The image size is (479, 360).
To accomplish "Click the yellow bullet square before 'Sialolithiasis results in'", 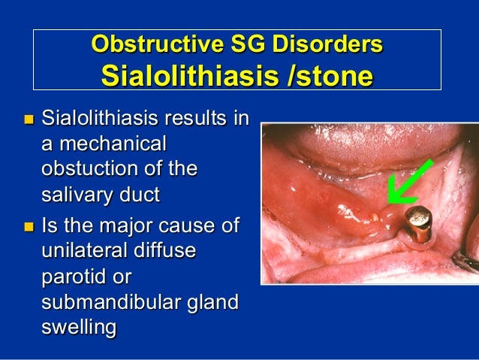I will click(29, 119).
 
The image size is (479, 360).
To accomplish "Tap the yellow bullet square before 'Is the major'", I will click(29, 225).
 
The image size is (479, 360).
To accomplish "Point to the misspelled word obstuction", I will click(89, 169).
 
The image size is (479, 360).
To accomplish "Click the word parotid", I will click(74, 276).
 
